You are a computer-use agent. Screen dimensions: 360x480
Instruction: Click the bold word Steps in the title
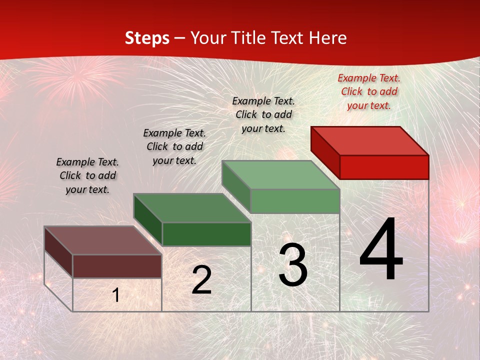tap(146, 38)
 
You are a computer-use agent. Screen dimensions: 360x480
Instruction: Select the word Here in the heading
tap(327, 38)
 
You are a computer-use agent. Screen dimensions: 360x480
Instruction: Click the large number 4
tap(381, 250)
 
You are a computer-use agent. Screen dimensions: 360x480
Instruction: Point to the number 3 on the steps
tap(293, 265)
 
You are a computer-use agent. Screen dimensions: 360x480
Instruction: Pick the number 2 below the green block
tap(201, 280)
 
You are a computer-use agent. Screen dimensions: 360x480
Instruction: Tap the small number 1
tap(116, 295)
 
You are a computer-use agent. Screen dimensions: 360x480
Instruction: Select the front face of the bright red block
tap(384, 167)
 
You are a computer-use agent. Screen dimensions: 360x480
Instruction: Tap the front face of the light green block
tap(295, 201)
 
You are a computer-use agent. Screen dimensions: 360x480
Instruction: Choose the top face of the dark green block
tap(192, 208)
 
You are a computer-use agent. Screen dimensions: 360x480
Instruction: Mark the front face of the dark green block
tap(206, 234)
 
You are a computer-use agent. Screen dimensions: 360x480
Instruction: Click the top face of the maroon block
tap(103, 240)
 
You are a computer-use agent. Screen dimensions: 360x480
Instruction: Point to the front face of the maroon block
tap(117, 266)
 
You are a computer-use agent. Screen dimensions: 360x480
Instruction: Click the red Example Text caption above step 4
tap(369, 91)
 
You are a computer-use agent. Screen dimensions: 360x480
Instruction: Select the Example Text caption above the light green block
tap(263, 114)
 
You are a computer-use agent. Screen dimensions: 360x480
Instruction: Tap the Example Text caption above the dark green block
tap(174, 146)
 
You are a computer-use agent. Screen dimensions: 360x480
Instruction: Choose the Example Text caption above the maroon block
tap(87, 175)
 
